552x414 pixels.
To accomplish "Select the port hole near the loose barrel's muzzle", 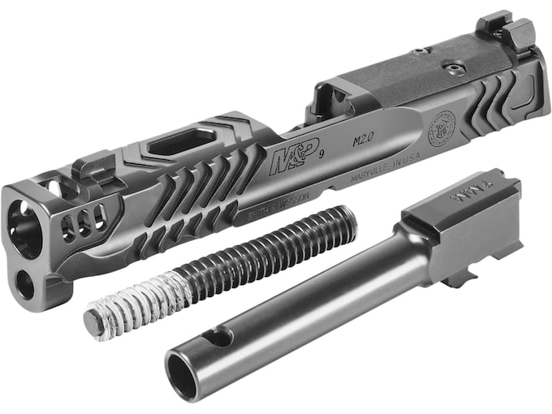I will (x=219, y=335).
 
